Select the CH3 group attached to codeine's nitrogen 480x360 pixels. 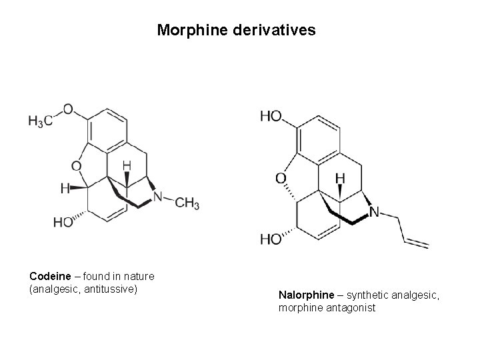point(187,203)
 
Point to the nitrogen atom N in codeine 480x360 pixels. point(157,197)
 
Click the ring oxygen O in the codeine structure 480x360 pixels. point(76,165)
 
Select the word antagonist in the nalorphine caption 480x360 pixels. point(351,308)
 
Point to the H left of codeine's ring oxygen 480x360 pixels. point(65,189)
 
